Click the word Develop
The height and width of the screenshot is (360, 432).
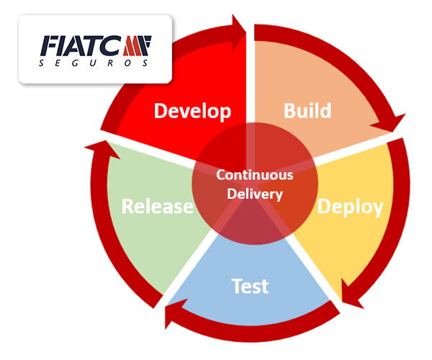point(192,112)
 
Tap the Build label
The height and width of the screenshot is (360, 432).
point(307,110)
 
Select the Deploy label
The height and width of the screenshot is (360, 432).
point(351,207)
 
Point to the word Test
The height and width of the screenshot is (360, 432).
point(250,286)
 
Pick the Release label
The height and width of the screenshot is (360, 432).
point(158,206)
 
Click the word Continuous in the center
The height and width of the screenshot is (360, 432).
point(255,175)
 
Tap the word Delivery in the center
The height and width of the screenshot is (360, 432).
point(255,194)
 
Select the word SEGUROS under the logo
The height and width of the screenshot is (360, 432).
point(94,63)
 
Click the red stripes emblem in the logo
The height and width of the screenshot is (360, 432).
point(137,45)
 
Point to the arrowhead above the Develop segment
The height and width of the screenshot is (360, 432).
point(238,33)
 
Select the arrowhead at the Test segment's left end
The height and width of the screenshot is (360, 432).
point(174,314)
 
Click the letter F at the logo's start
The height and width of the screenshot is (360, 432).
point(50,45)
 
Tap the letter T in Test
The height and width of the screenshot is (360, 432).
point(236,286)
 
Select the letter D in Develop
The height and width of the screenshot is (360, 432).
point(160,110)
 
